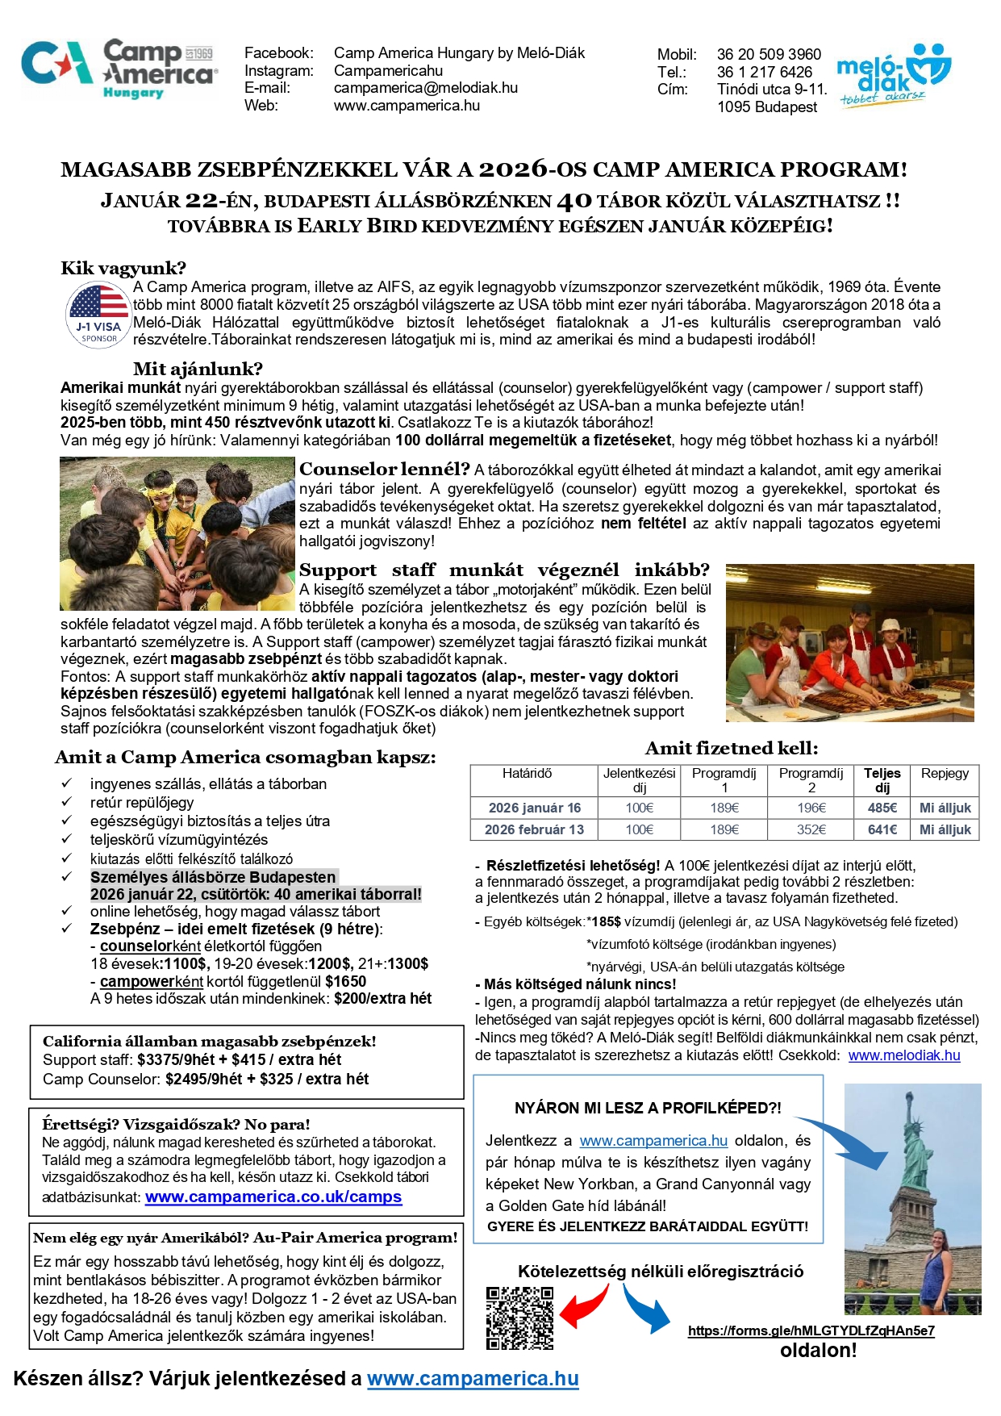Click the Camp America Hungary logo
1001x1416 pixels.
(x=119, y=69)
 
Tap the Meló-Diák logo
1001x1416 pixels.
(x=894, y=76)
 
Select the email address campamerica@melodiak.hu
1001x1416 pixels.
(x=425, y=88)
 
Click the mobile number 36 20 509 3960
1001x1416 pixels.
(x=768, y=55)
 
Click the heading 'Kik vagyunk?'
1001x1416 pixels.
(x=123, y=269)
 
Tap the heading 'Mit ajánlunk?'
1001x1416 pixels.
(x=198, y=370)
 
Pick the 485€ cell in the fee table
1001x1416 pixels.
(x=882, y=808)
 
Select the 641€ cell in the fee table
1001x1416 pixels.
(x=882, y=829)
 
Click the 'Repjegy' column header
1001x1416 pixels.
(x=945, y=774)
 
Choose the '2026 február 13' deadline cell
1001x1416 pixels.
(x=534, y=829)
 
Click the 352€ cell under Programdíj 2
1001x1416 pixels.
(x=811, y=829)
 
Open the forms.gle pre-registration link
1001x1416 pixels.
(x=811, y=1331)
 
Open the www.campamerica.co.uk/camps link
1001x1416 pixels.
(x=273, y=1197)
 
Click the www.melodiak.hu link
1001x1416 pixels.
(x=903, y=1055)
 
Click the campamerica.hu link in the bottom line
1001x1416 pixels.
(x=473, y=1379)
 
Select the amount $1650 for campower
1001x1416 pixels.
(x=345, y=982)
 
